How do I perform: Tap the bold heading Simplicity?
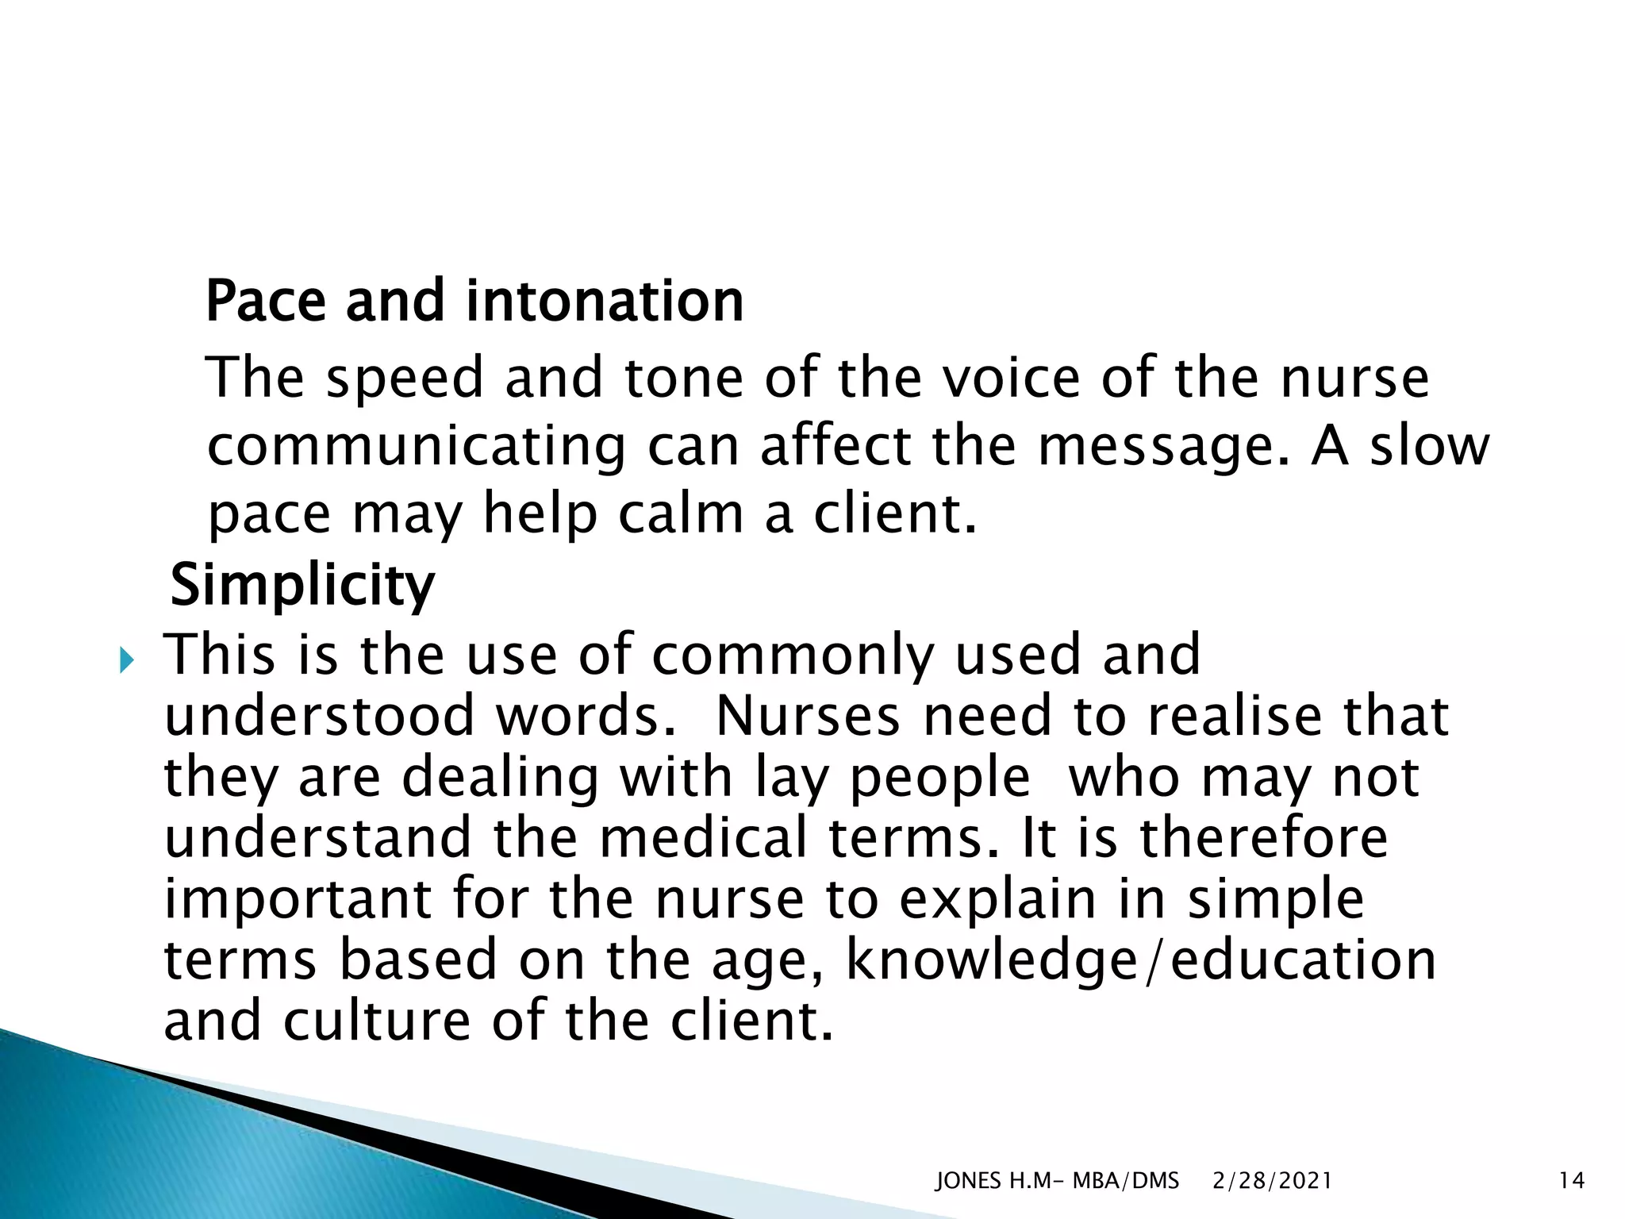(302, 585)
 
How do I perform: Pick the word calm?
(681, 513)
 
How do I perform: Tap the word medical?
(703, 838)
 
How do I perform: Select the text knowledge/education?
(1141, 960)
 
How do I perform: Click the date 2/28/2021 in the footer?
(1272, 1181)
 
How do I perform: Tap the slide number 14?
(1571, 1181)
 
